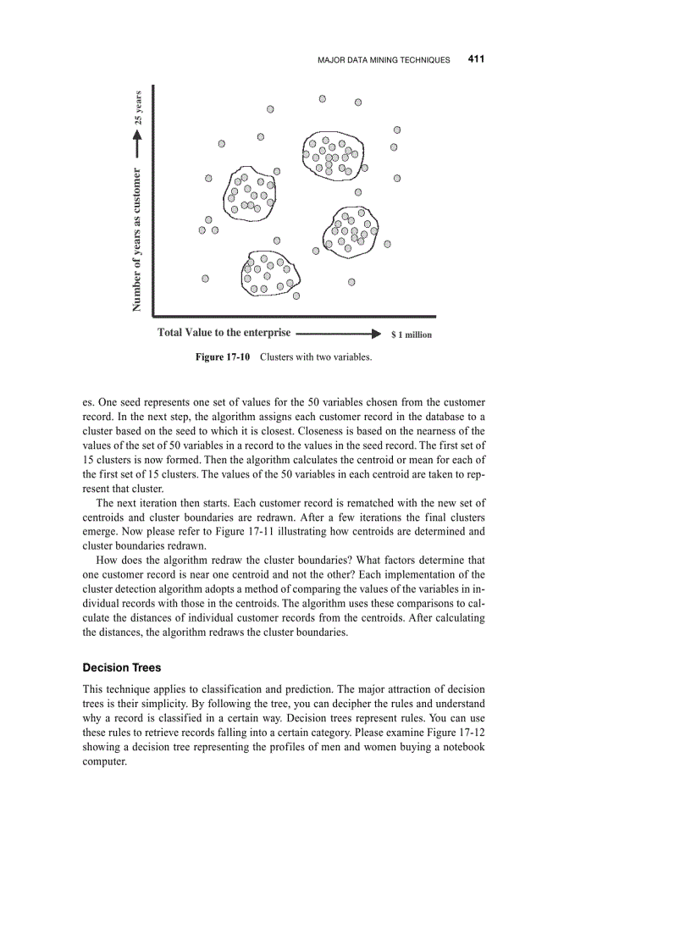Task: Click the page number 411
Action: click(475, 59)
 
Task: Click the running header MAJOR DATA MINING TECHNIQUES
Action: click(384, 60)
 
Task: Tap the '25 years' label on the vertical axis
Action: click(139, 107)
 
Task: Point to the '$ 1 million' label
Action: click(412, 335)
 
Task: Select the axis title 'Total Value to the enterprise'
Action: click(224, 333)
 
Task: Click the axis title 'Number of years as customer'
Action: click(137, 240)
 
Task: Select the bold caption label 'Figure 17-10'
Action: click(223, 357)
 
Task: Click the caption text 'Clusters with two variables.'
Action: click(316, 357)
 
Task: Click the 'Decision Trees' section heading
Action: click(121, 667)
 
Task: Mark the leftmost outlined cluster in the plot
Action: click(251, 193)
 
